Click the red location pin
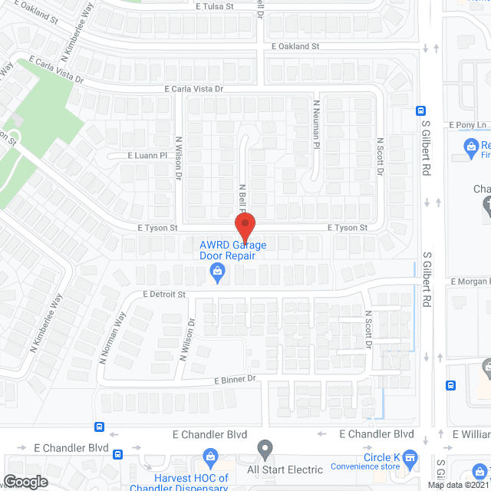click(244, 227)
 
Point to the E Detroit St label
click(164, 294)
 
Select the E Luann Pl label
click(147, 155)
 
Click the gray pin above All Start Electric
click(265, 447)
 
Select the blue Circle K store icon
click(410, 459)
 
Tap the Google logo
click(25, 482)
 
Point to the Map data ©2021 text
click(457, 484)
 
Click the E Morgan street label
click(470, 282)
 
